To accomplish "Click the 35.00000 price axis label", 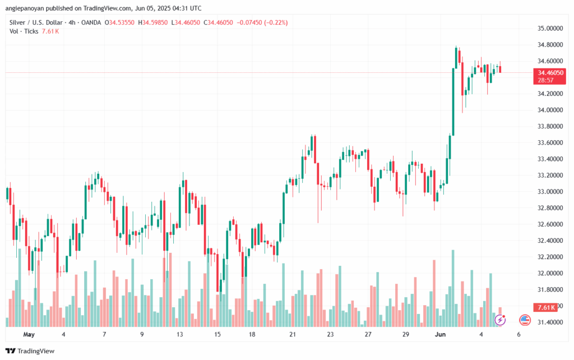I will point(550,28).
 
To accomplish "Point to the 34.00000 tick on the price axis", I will point(550,110).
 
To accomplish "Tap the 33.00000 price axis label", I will point(550,192).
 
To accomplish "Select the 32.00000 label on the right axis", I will point(550,273).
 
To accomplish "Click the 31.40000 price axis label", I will point(550,322).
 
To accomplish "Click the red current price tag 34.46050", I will point(550,72).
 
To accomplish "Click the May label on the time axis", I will point(29,334).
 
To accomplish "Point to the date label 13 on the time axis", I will point(180,334).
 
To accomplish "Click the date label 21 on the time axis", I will point(292,334).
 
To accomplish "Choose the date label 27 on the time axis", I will point(368,334).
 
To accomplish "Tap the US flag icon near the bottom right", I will point(525,320).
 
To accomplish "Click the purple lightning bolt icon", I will point(500,320).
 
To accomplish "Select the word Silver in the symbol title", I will point(18,22).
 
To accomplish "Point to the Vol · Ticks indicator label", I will point(24,31).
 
